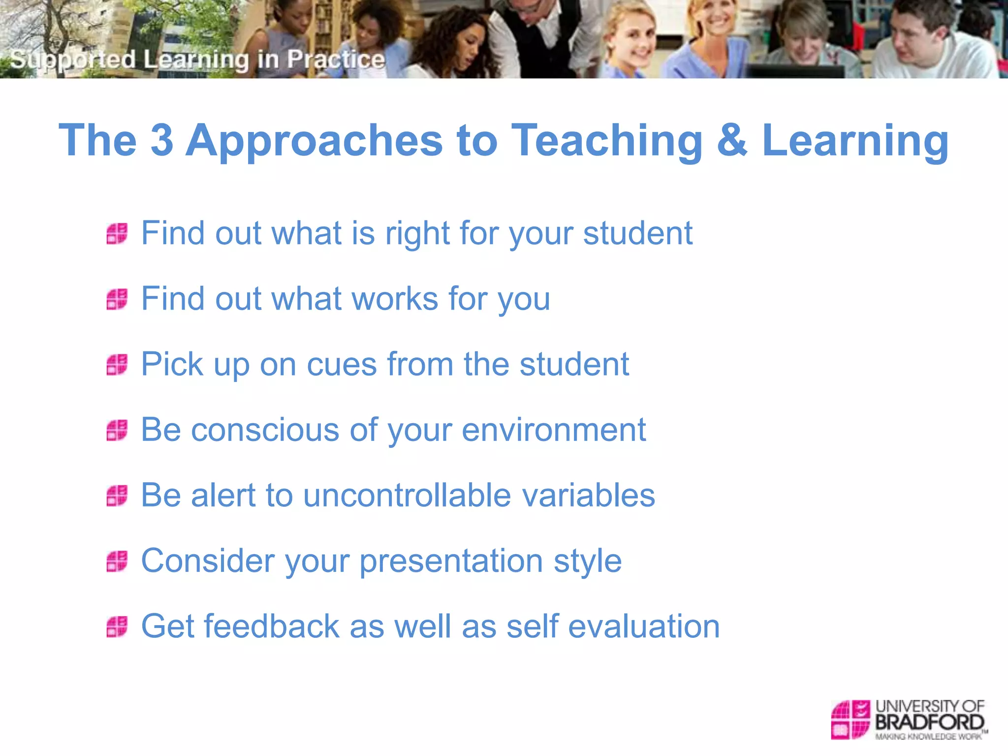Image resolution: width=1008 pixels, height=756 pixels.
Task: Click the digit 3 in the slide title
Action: tap(162, 141)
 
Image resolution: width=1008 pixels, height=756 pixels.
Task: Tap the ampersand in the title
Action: tap(732, 141)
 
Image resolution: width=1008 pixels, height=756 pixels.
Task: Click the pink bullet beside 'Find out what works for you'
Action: tap(117, 299)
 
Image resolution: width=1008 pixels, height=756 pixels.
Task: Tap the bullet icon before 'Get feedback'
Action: tap(117, 627)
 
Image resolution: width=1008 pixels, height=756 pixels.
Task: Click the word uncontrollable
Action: tap(407, 495)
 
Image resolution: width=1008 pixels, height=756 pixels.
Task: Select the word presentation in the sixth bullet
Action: tap(451, 562)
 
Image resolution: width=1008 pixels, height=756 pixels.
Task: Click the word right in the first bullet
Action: tap(417, 234)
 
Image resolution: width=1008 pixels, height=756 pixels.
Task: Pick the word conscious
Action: tap(265, 430)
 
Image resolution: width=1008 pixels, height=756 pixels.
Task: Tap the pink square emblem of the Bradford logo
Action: tap(850, 720)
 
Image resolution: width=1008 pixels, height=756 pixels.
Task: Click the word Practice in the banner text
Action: tap(336, 59)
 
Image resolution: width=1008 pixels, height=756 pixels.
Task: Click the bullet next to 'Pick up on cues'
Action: tap(117, 365)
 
